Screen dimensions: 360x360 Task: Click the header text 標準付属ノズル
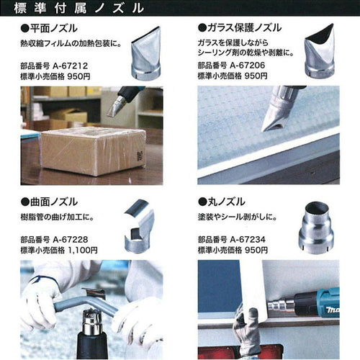(x=78, y=8)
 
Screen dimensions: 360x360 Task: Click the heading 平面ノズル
(x=54, y=28)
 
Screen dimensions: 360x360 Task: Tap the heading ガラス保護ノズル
(x=244, y=28)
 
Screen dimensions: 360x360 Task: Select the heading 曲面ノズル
(x=54, y=202)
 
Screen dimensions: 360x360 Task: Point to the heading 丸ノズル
(x=226, y=202)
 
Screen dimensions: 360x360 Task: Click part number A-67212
(x=70, y=66)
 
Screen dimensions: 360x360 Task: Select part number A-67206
(x=248, y=66)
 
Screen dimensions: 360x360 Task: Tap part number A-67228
(x=71, y=240)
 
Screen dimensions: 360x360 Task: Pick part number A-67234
(x=248, y=240)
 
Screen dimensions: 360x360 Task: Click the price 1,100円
(x=83, y=251)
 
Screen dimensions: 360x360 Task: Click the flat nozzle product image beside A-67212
(x=145, y=53)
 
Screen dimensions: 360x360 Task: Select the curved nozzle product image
(x=139, y=225)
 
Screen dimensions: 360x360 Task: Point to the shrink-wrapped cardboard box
(x=94, y=151)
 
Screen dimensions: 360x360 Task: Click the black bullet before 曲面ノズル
(x=24, y=202)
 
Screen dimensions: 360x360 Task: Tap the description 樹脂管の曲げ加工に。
(x=58, y=217)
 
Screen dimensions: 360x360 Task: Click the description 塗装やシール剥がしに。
(x=238, y=217)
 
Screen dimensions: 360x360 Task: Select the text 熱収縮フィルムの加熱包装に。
(x=71, y=44)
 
